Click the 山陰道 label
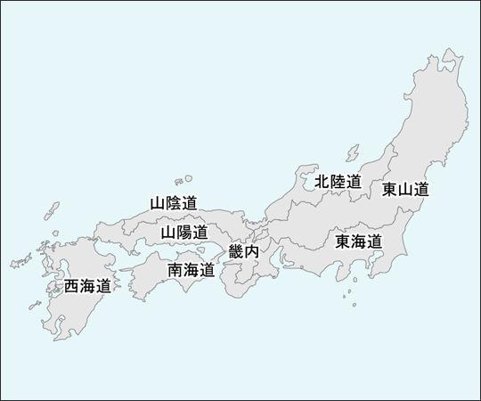pyautogui.click(x=174, y=202)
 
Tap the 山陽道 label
pyautogui.click(x=183, y=233)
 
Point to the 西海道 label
pyautogui.click(x=87, y=286)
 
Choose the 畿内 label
pyautogui.click(x=243, y=252)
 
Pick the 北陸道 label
pyautogui.click(x=338, y=182)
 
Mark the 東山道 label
pyautogui.click(x=405, y=189)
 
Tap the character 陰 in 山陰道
pyautogui.click(x=174, y=202)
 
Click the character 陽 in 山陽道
pyautogui.click(x=183, y=233)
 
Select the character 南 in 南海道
pyautogui.click(x=176, y=269)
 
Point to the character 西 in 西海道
pyautogui.click(x=72, y=286)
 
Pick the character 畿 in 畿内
pyautogui.click(x=236, y=252)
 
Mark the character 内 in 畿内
pyautogui.click(x=251, y=252)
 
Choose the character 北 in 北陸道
pyautogui.click(x=322, y=182)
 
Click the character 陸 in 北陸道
pyautogui.click(x=338, y=182)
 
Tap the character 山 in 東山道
pyautogui.click(x=405, y=189)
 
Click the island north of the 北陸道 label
pyautogui.click(x=353, y=151)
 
